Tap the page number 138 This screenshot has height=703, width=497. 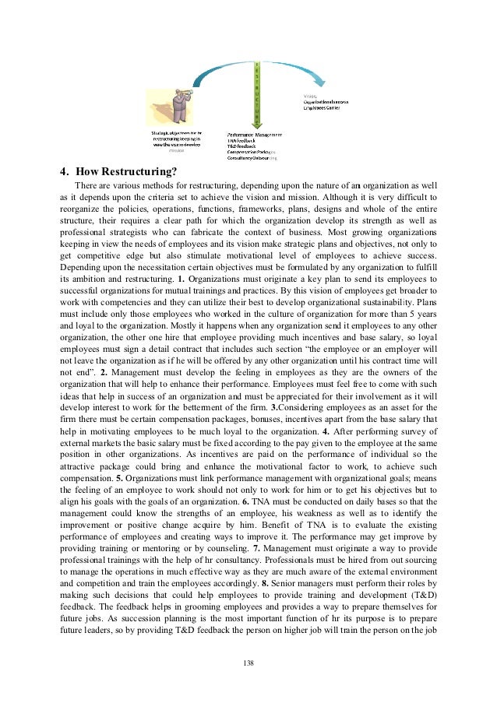click(248, 663)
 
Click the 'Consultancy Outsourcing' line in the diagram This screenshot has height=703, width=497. click(252, 158)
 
